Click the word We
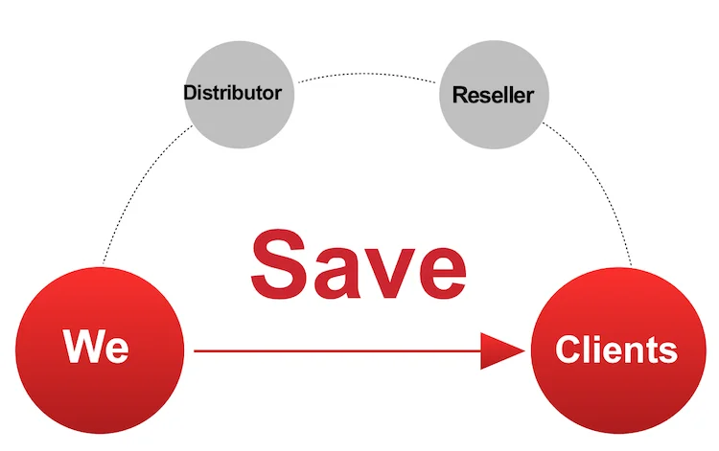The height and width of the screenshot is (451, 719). coord(96,346)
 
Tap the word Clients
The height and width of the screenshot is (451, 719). coord(615,350)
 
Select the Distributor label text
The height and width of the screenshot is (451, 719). coord(233,93)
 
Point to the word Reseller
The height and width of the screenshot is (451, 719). coord(493,95)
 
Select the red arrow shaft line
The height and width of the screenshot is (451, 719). coord(336,351)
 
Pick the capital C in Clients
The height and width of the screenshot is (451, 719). coord(567,350)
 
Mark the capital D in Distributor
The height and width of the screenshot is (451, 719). coord(190,93)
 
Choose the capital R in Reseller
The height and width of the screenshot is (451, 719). coord(458,95)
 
